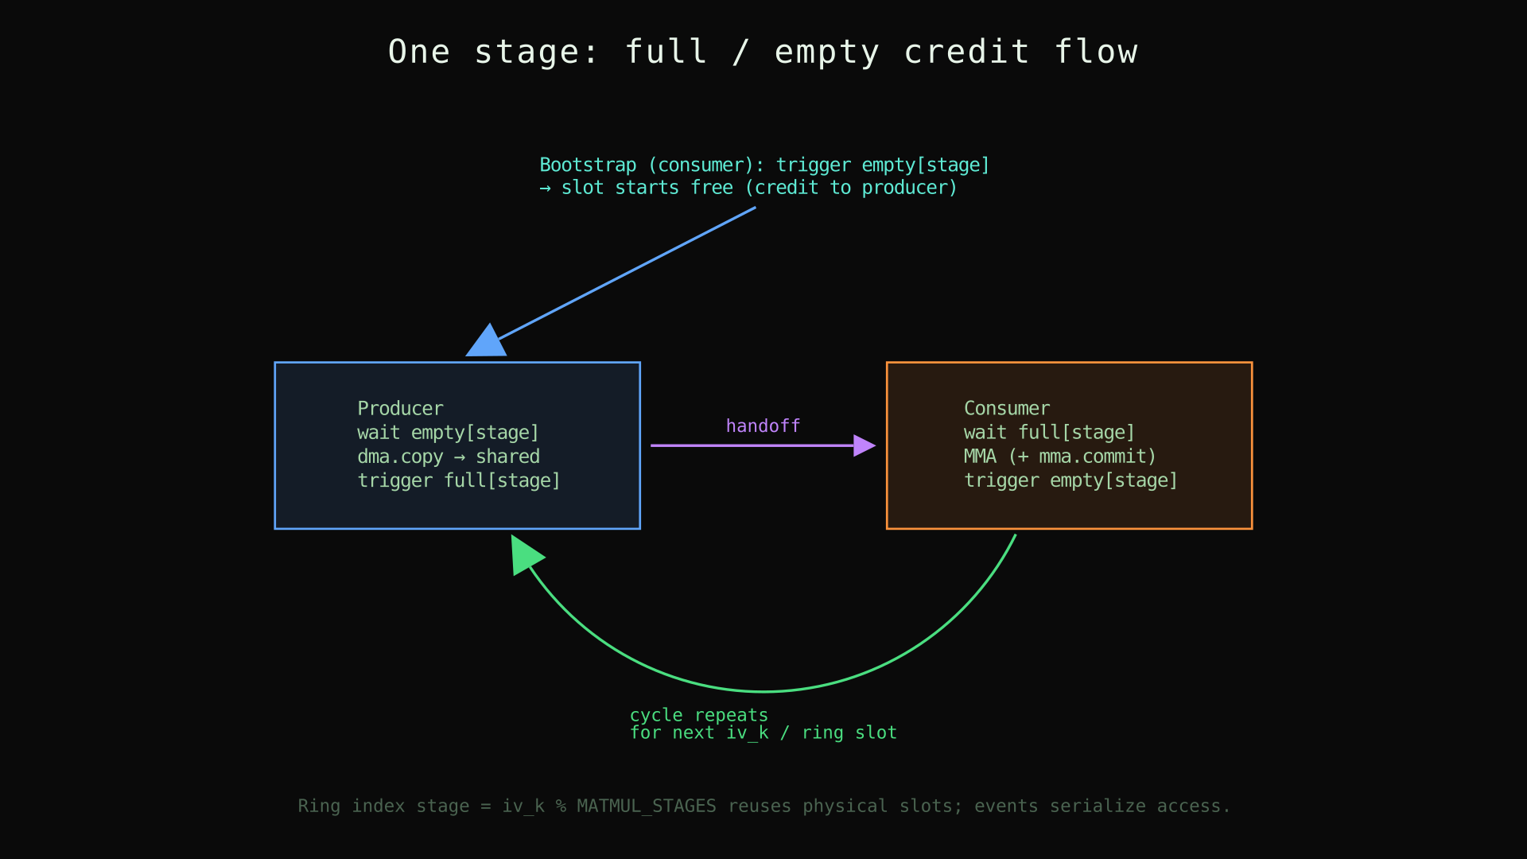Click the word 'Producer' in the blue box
pos(400,409)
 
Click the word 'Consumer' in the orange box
pos(1006,409)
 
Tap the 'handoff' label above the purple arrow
pos(763,426)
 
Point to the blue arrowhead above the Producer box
pos(488,343)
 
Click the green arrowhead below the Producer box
pos(524,554)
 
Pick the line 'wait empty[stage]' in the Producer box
pos(448,433)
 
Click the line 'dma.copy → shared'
pos(448,457)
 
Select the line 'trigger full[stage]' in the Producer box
pos(459,480)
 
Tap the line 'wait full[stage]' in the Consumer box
pos(1049,433)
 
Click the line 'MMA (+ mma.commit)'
pos(1059,457)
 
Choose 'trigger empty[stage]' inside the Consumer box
pos(1070,480)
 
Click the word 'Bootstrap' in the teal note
pos(588,165)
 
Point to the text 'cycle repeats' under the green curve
pos(698,715)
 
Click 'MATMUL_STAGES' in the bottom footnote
pos(646,807)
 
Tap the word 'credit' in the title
pos(966,52)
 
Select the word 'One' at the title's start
pos(419,52)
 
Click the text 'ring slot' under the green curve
pos(849,733)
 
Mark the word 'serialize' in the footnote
pos(1098,807)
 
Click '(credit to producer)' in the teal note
pos(851,188)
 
